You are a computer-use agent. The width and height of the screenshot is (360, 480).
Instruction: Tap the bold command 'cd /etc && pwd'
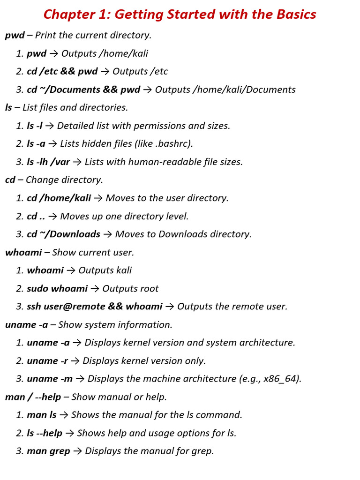pos(62,71)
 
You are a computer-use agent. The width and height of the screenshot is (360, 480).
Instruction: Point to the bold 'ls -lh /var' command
pos(48,162)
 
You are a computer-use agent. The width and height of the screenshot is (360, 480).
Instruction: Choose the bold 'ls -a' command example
pos(36,144)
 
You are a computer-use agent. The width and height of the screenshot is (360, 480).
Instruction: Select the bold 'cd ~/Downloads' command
pos(63,234)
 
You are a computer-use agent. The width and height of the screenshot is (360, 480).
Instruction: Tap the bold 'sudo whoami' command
pos(57,289)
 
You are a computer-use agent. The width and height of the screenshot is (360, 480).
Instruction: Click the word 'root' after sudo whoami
pos(150,289)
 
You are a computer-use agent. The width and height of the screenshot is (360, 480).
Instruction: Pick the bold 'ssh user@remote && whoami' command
pos(95,307)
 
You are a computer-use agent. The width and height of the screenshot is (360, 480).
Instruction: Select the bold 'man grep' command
pos(48,451)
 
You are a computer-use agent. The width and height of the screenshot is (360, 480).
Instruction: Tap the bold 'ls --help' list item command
pos(45,433)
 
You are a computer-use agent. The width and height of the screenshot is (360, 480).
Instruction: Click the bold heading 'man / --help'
pos(33,397)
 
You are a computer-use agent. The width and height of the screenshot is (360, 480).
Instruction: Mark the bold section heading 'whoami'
pos(23,253)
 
